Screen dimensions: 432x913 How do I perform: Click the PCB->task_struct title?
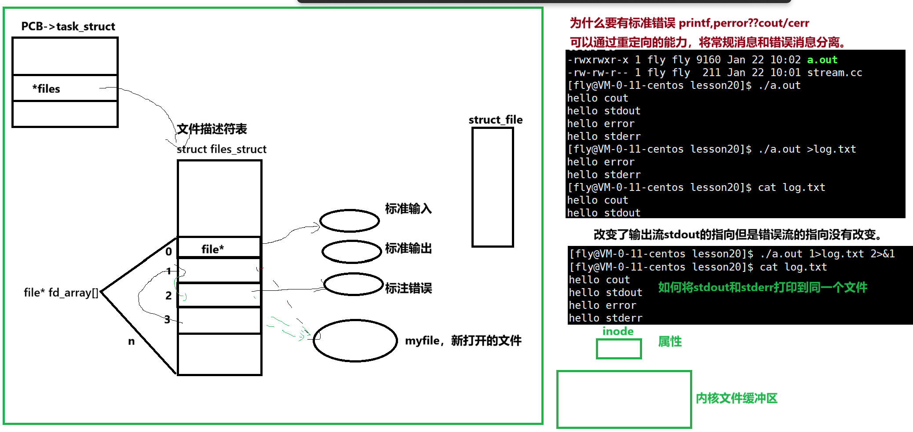pyautogui.click(x=68, y=26)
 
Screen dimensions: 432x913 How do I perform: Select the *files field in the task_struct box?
pyautogui.click(x=46, y=88)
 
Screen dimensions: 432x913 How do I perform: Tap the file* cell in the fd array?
pyautogui.click(x=213, y=249)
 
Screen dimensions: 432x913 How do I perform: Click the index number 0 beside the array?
pyautogui.click(x=168, y=252)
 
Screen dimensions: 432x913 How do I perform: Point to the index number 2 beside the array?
pyautogui.click(x=168, y=296)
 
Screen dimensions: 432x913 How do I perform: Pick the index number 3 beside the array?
pyautogui.click(x=167, y=319)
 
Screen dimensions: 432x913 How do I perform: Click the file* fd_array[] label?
pyautogui.click(x=61, y=293)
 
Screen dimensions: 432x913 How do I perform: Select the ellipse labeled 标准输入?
pyautogui.click(x=350, y=220)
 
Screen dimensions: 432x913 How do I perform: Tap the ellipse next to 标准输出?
pyautogui.click(x=351, y=252)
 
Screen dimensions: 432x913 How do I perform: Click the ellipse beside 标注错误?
pyautogui.click(x=354, y=285)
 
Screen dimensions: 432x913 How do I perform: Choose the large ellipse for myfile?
pyautogui.click(x=355, y=340)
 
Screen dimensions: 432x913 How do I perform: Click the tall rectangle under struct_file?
pyautogui.click(x=493, y=187)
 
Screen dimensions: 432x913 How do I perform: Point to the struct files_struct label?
pyautogui.click(x=222, y=149)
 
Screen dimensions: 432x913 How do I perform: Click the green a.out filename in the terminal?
pyautogui.click(x=822, y=60)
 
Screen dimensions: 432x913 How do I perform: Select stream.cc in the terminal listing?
pyautogui.click(x=834, y=73)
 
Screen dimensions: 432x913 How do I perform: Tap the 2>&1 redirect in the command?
pyautogui.click(x=882, y=254)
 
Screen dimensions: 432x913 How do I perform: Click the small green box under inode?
pyautogui.click(x=619, y=349)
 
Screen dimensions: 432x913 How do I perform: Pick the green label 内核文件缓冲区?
pyautogui.click(x=737, y=398)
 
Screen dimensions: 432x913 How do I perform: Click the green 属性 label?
pyautogui.click(x=670, y=341)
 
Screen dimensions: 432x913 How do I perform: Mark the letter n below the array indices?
pyautogui.click(x=131, y=341)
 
